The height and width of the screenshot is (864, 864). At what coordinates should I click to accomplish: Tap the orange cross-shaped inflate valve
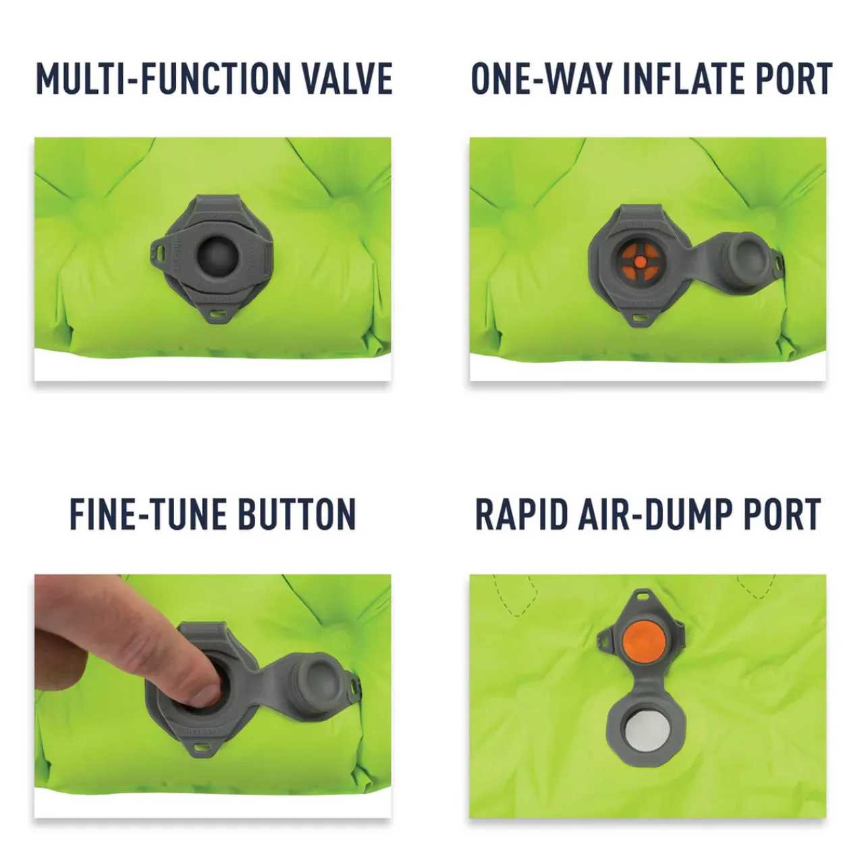point(641,261)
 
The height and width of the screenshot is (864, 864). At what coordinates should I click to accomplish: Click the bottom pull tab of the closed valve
point(217,312)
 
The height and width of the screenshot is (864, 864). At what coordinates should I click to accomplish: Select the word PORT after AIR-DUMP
point(783,514)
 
